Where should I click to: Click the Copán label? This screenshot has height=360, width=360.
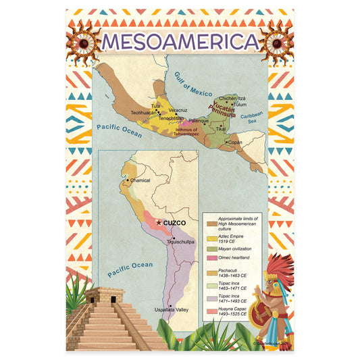click(236, 143)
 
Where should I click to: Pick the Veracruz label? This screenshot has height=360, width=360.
click(178, 109)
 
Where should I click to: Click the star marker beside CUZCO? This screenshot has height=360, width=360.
click(159, 222)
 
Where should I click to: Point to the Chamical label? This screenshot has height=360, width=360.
click(140, 180)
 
